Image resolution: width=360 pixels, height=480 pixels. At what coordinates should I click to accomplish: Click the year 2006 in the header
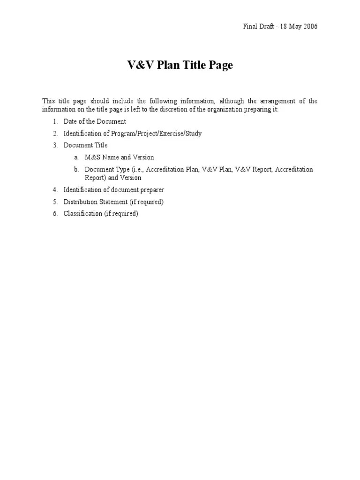click(309, 26)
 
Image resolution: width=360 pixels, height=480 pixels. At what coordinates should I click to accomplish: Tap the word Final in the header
click(250, 26)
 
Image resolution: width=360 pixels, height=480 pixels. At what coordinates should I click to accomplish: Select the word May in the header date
click(294, 26)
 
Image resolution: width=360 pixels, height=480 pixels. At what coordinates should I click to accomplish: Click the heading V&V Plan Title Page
click(180, 65)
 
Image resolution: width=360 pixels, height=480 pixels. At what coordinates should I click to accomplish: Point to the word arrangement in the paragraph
click(278, 101)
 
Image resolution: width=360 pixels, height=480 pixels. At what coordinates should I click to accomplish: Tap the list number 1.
click(55, 122)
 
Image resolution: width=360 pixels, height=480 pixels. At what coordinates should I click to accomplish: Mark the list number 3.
click(55, 145)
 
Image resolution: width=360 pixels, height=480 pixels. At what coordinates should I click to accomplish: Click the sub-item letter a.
click(75, 157)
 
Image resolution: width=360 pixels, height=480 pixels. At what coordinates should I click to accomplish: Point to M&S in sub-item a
click(93, 157)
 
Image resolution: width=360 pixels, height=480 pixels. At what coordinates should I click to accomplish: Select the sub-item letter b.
click(75, 169)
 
